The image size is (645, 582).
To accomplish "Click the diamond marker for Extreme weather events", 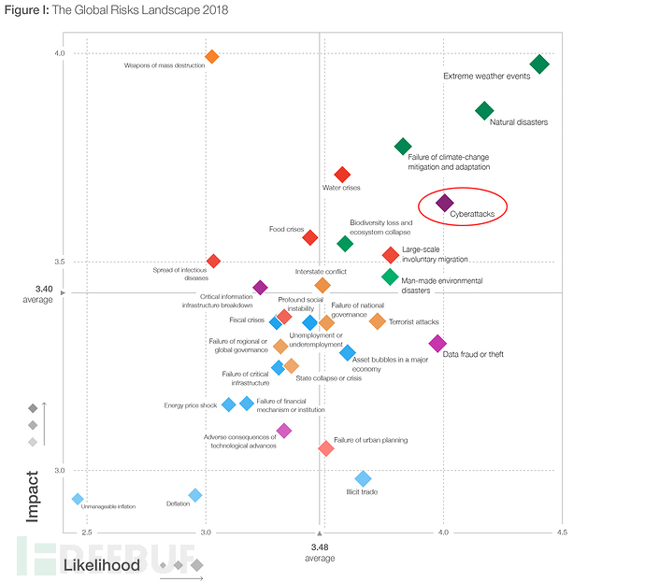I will pos(539,64).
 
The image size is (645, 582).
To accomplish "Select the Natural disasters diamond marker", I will pos(484,111).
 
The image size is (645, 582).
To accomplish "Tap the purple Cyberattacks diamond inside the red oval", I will pos(445,203).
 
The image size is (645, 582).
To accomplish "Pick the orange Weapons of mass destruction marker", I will pos(212,57).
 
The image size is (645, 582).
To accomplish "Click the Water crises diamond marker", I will pos(342,175).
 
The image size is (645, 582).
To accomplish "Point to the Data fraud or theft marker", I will pos(437,344).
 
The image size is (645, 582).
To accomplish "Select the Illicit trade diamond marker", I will pos(363,479).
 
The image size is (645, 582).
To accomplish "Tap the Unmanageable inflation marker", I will pos(78,499).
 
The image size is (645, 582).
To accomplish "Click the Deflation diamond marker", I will pos(195,495).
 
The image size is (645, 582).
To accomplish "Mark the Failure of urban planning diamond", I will pos(325,448).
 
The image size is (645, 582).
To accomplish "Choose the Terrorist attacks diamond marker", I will pos(377,321).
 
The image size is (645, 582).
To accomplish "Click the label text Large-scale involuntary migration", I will pos(435,254).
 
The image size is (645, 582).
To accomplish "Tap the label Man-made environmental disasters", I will pos(441,285).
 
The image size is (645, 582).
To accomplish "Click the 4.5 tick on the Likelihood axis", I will pos(560,532).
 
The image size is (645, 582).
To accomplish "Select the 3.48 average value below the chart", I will pos(320,548).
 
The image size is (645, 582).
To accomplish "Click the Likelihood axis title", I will pos(101,565).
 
